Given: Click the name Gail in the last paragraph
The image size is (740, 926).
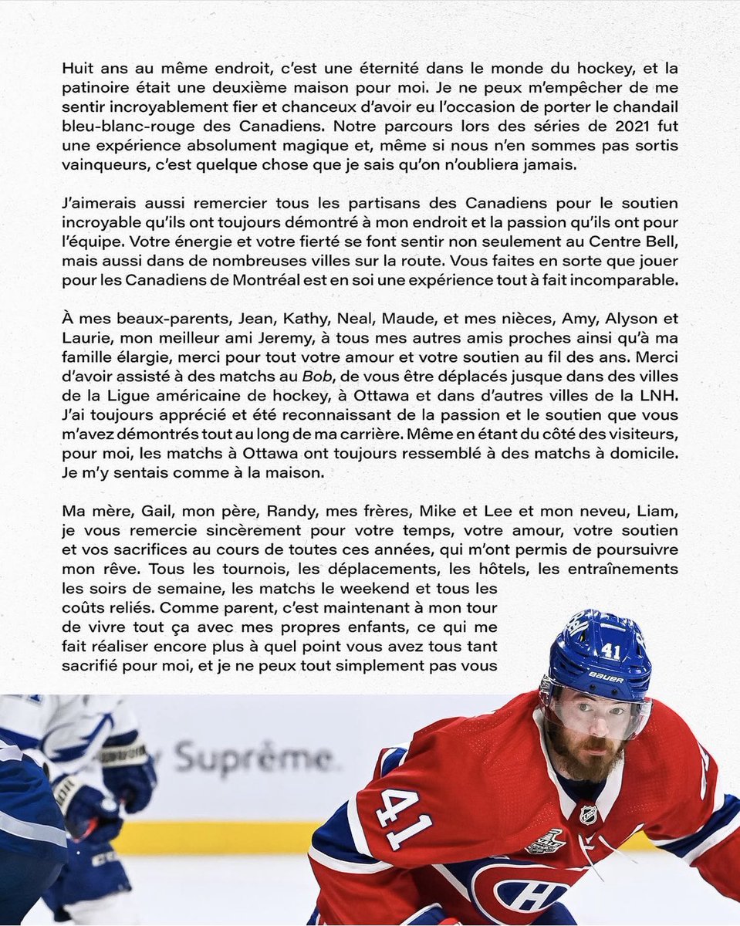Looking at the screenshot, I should [156, 511].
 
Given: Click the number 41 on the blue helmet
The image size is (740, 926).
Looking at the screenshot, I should [610, 651].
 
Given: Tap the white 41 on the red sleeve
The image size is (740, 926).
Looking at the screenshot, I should [403, 818].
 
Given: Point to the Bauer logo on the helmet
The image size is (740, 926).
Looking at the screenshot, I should [606, 676].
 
